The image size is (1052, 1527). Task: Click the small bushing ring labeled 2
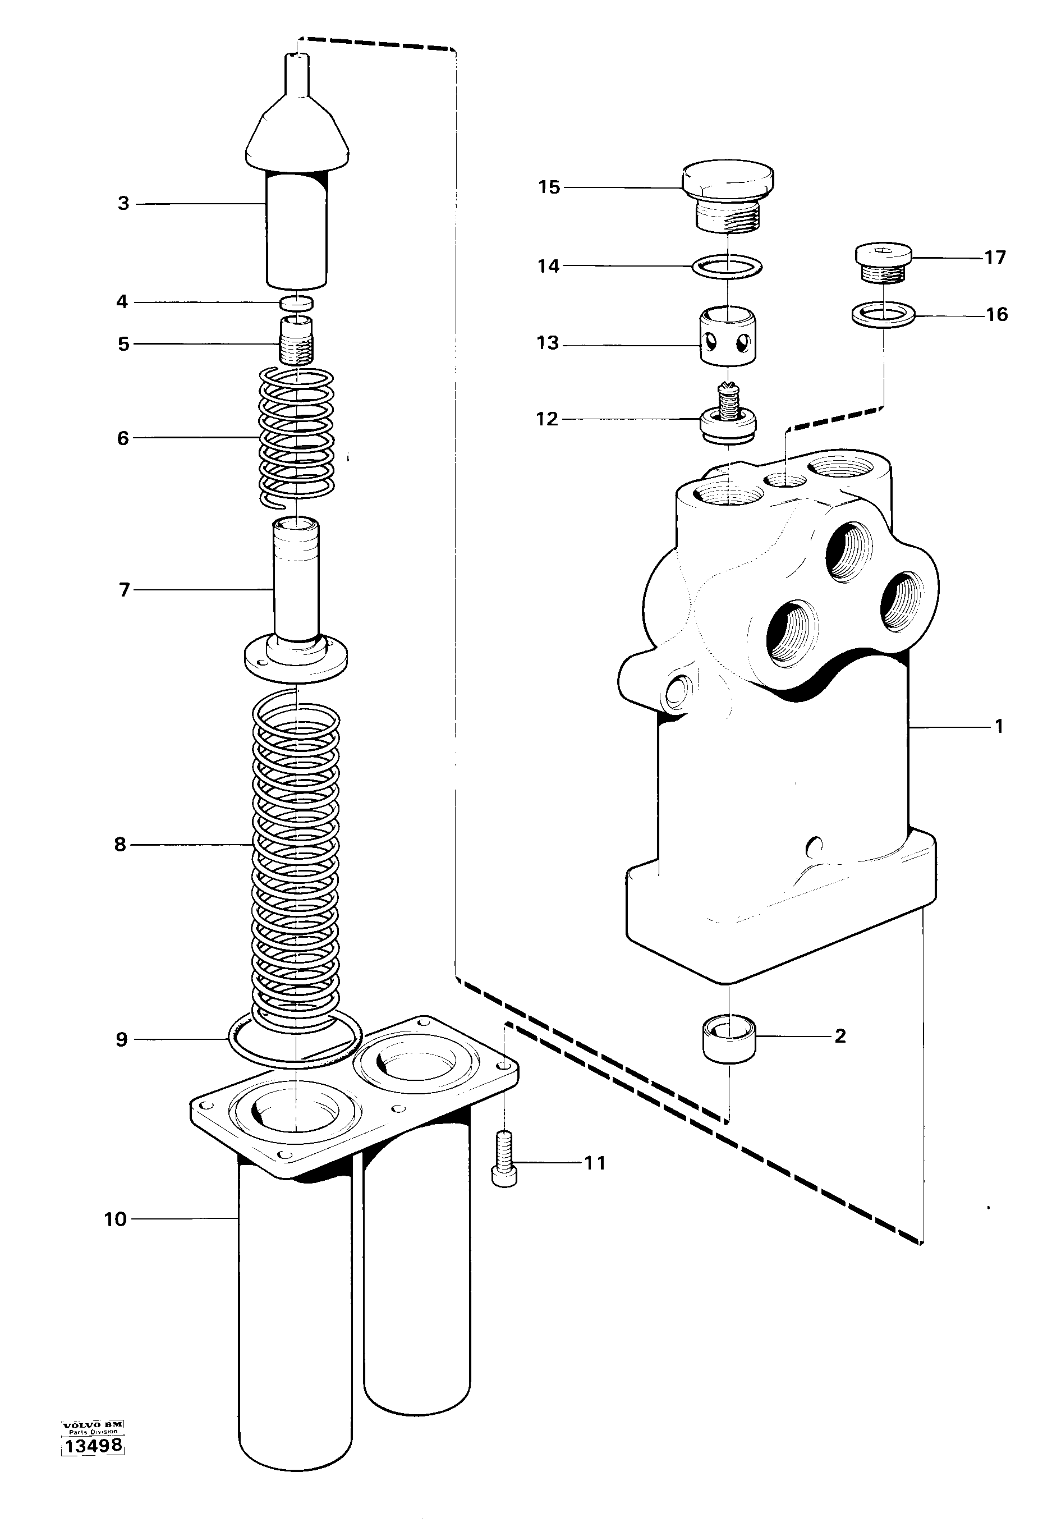(729, 1038)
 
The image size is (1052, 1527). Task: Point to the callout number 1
(999, 727)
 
